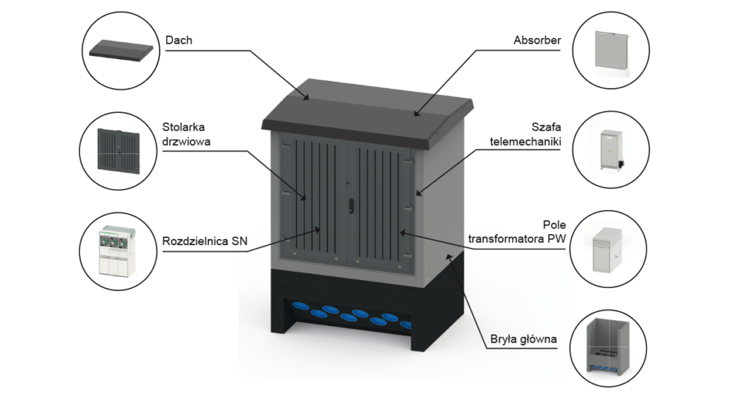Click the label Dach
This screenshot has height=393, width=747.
[179, 40]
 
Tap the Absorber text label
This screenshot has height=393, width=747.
[537, 40]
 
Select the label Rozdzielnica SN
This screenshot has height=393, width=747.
[205, 241]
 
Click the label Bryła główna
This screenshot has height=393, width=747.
[524, 339]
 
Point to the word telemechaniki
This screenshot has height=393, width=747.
[525, 141]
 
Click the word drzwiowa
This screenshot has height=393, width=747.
[186, 141]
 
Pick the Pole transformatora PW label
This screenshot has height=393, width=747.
[517, 231]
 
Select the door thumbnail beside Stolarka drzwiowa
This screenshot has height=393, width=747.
[119, 150]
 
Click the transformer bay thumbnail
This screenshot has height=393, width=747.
[608, 250]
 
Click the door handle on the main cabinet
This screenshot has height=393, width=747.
[352, 204]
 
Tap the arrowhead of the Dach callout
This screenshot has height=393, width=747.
[307, 97]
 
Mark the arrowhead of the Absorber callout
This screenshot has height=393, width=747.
[417, 113]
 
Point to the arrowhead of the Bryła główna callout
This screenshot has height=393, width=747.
[448, 257]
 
